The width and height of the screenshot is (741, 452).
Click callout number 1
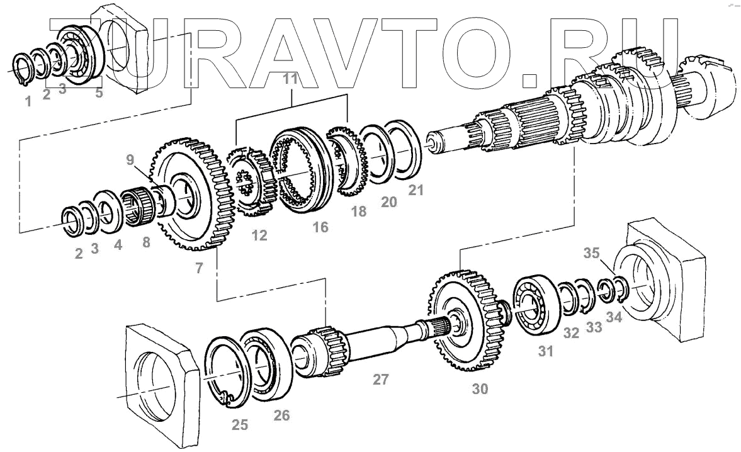point(27,101)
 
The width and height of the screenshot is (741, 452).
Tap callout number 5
point(98,93)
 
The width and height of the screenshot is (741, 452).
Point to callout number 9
point(130,160)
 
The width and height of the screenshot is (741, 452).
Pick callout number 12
point(259,235)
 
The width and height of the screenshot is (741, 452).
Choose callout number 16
point(320,227)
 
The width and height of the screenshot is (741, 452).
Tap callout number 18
point(359,212)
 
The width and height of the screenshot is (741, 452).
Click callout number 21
point(415,189)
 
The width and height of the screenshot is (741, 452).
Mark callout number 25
point(239,425)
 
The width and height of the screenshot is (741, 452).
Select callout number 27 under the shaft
point(380,379)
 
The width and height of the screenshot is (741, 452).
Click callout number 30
point(480,389)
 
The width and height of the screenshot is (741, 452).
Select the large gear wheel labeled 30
point(465,321)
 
